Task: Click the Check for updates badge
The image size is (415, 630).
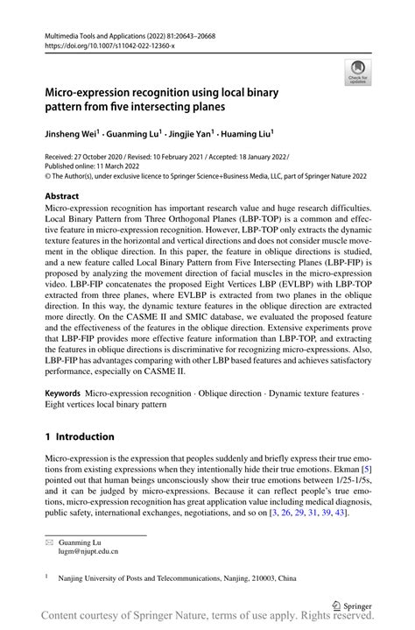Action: click(356, 72)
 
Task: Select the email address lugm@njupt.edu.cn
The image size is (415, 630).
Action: click(88, 552)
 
